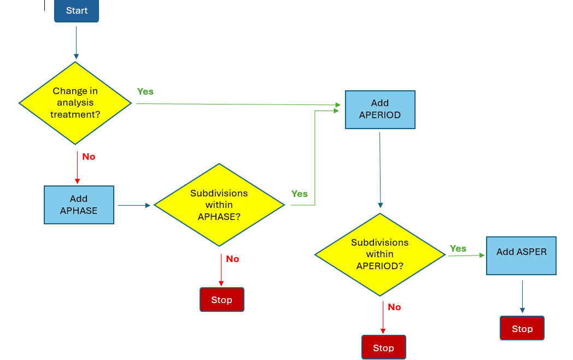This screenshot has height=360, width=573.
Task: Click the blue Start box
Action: [77, 11]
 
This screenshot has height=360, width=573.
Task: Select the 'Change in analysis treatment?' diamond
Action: [75, 103]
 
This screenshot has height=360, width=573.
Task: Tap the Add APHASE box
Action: [79, 205]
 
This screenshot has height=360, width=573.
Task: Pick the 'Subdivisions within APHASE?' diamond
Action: [219, 205]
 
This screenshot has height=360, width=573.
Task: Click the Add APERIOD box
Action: [380, 109]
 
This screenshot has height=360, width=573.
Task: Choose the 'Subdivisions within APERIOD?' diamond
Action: [380, 254]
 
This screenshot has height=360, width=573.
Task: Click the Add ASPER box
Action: [521, 256]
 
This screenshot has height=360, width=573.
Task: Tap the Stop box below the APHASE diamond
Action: [222, 300]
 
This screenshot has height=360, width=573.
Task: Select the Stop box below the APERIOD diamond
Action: [383, 348]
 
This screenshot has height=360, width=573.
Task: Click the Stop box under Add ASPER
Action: [522, 328]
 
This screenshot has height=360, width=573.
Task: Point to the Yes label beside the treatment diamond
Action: [145, 91]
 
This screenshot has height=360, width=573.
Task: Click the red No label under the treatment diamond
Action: [89, 156]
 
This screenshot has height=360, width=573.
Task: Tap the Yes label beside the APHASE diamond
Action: [300, 194]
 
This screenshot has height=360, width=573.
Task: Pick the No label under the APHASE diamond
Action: [232, 259]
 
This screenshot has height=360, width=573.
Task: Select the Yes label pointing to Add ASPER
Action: [458, 248]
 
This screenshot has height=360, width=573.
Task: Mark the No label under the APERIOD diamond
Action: [394, 307]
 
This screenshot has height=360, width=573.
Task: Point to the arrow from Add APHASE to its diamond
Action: [133, 205]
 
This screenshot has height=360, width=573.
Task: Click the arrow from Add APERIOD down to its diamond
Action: [380, 170]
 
